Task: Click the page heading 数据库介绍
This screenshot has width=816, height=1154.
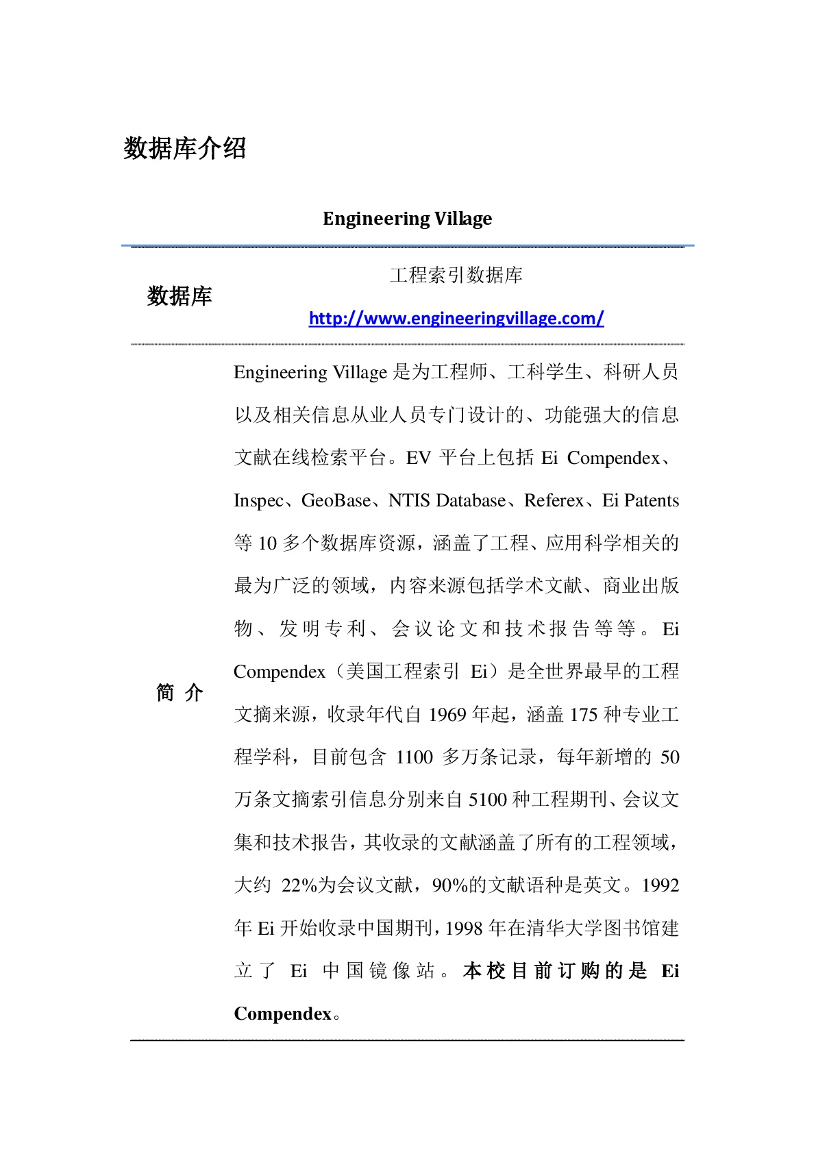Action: point(185,148)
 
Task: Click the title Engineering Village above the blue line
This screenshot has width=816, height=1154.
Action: point(407,219)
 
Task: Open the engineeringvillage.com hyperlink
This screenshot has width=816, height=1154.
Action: point(456,318)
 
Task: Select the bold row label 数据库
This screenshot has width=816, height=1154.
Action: point(180,296)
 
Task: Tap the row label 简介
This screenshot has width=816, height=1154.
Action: point(180,693)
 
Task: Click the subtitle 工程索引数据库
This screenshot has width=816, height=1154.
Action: point(456,275)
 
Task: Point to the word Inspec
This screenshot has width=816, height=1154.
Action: point(258,501)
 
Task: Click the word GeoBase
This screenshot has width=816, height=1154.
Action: point(336,501)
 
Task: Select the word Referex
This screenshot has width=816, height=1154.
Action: point(554,501)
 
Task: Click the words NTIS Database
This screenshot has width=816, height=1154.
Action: point(447,501)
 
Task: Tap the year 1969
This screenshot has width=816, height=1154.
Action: point(447,715)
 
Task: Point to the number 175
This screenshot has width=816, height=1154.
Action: point(584,715)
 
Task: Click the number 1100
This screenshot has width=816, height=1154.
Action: point(415,757)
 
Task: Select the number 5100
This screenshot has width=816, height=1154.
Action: point(488,800)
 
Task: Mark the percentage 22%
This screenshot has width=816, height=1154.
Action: point(299,885)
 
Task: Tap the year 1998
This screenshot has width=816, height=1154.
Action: point(465,929)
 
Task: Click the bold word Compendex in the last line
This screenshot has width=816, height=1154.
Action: point(282,1014)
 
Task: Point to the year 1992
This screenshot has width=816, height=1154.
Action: point(660,885)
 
